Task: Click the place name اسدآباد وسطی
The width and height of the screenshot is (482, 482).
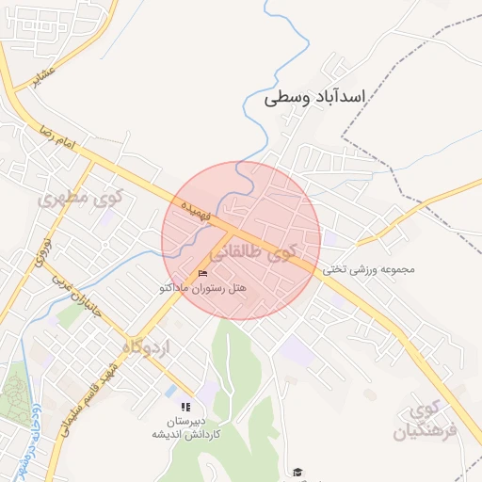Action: pos(314,97)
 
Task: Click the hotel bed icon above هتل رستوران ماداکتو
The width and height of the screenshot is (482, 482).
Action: pos(202,273)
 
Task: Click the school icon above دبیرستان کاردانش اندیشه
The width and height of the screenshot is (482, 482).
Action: pos(185,407)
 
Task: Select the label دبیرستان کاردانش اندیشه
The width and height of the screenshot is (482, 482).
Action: pos(188,427)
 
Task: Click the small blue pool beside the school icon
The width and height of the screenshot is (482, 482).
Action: pos(171,391)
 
